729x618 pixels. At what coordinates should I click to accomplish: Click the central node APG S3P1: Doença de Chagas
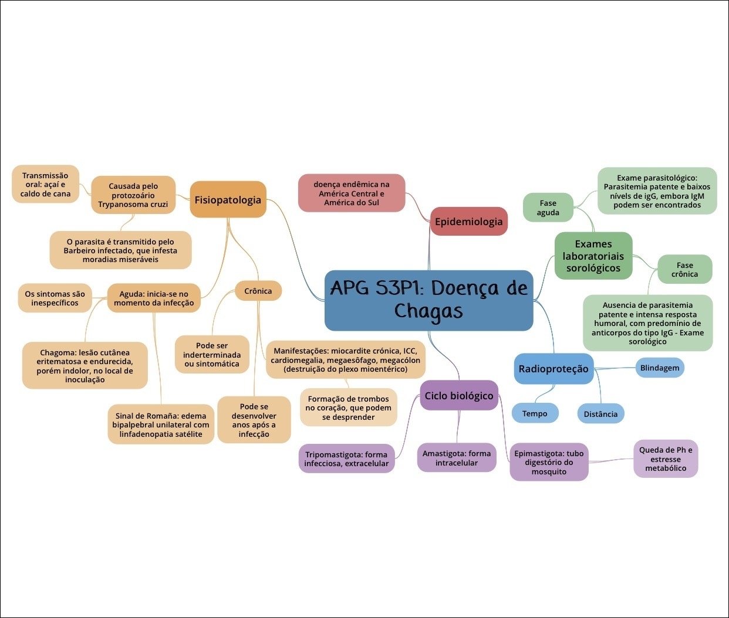coord(428,300)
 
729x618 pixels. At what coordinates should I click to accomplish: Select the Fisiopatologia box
coord(228,199)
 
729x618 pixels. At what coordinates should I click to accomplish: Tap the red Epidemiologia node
coord(468,221)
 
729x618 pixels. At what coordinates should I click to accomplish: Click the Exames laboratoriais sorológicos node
coord(593,256)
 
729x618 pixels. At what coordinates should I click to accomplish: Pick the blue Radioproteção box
coord(553,369)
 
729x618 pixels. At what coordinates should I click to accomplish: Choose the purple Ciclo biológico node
coord(459,395)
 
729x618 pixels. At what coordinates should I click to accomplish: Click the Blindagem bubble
coord(659,368)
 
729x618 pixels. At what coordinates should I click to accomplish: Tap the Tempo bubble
coord(535,413)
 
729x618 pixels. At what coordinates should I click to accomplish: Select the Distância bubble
coord(600,413)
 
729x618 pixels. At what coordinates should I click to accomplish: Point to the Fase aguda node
coord(548,208)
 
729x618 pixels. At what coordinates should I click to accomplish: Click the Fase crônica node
coord(684,269)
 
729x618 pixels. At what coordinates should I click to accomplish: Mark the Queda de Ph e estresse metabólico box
coord(665,459)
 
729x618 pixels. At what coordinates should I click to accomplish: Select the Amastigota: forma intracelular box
coord(457,458)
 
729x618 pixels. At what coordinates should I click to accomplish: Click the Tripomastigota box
coord(346,459)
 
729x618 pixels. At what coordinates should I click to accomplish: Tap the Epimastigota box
coord(549,462)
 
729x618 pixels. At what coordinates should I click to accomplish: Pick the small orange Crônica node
coord(258,291)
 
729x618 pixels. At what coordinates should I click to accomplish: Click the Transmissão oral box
coord(45,184)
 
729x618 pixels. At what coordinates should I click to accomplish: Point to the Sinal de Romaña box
coord(160,425)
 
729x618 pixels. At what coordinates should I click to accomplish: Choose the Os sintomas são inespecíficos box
coord(55,298)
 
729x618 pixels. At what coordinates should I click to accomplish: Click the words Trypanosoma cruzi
coord(133,205)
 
